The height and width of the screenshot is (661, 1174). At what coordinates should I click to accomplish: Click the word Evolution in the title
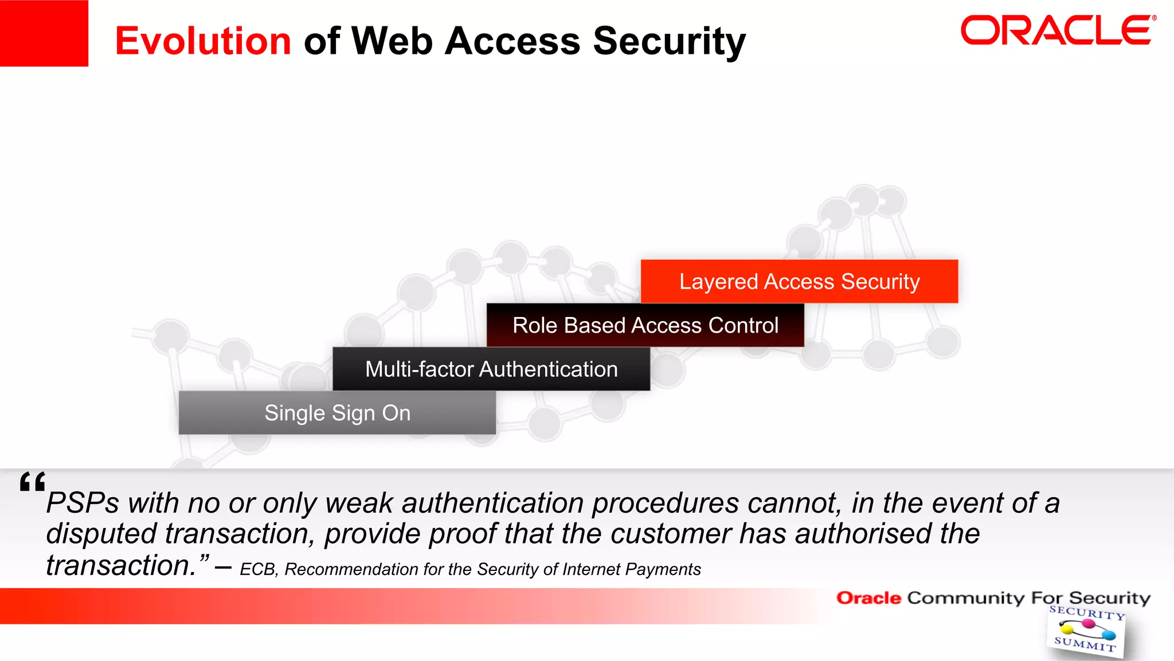pyautogui.click(x=203, y=41)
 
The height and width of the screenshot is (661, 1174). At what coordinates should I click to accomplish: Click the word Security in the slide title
pyautogui.click(x=669, y=41)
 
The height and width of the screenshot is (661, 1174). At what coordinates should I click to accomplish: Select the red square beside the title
pyautogui.click(x=44, y=33)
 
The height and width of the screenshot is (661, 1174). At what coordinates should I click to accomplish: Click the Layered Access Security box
pyautogui.click(x=799, y=281)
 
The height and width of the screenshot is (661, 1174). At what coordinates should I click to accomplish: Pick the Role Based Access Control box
pyautogui.click(x=645, y=325)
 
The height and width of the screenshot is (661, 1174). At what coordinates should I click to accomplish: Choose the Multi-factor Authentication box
pyautogui.click(x=491, y=369)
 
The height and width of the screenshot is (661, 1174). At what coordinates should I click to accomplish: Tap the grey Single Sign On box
pyautogui.click(x=337, y=413)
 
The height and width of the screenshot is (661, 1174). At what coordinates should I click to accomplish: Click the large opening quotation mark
pyautogui.click(x=32, y=482)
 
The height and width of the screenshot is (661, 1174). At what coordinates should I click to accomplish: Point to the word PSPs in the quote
pyautogui.click(x=83, y=503)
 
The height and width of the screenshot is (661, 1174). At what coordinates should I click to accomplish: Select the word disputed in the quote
pyautogui.click(x=101, y=534)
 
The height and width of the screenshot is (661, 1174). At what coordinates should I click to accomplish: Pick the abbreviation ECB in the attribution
pyautogui.click(x=258, y=569)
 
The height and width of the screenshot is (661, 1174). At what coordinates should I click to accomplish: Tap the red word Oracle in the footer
pyautogui.click(x=868, y=598)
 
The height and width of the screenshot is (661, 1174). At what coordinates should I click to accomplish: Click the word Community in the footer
pyautogui.click(x=965, y=598)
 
